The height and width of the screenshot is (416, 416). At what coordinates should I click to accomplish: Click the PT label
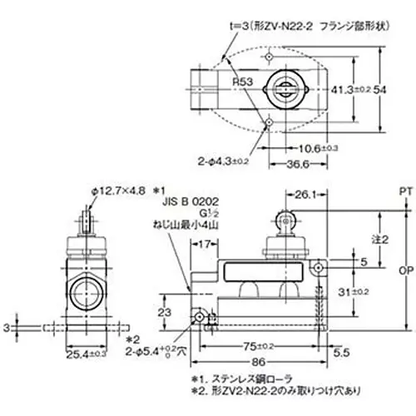(405, 191)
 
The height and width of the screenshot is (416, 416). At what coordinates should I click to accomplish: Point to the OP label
(405, 271)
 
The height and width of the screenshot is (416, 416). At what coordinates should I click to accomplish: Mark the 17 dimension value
(205, 244)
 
